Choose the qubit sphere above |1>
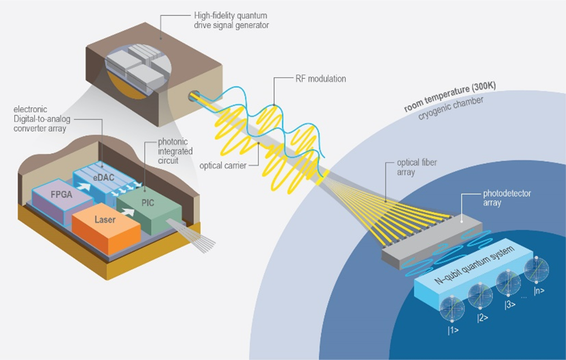[452, 309]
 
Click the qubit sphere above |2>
[481, 295]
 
